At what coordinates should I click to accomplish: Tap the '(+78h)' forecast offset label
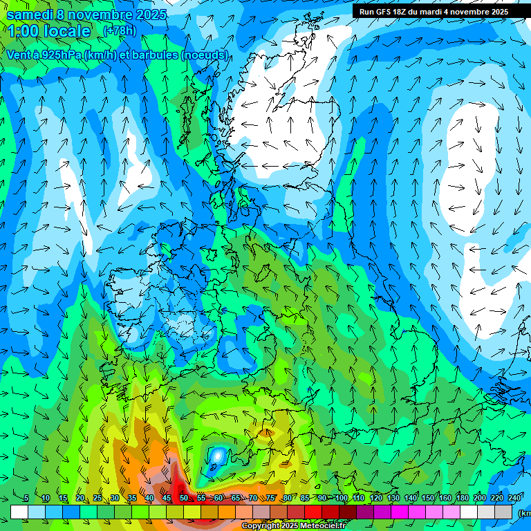pos(120,30)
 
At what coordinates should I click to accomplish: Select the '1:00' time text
pos(23,31)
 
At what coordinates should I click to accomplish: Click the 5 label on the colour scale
pos(26,499)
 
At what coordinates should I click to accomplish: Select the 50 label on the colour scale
pos(183,499)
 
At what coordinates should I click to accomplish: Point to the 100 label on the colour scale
pos(341,499)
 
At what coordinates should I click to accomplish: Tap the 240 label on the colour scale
pos(514,499)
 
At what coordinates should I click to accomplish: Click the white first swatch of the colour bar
pos(19,512)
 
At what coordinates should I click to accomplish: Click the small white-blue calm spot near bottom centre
pos(218,456)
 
